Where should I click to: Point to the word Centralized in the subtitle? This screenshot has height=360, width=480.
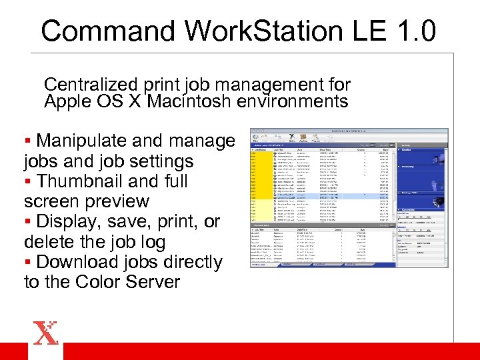tap(91, 85)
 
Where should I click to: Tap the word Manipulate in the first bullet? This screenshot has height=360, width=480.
tap(82, 141)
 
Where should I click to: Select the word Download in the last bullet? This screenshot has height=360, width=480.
tap(79, 262)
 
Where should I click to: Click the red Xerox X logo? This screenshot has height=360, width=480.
tap(45, 333)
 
